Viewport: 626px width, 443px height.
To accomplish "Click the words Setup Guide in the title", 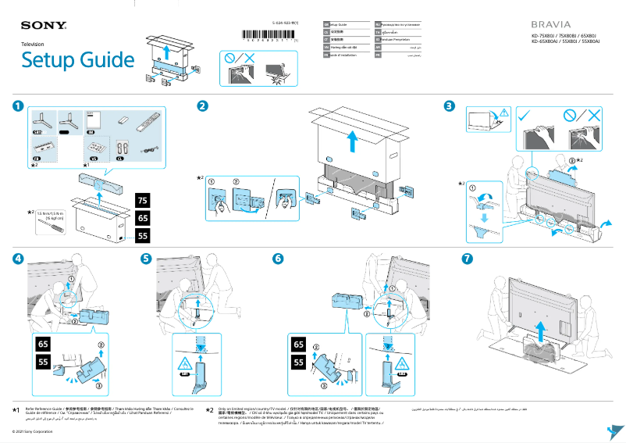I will coord(77,59).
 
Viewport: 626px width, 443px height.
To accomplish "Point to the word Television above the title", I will coord(33,45).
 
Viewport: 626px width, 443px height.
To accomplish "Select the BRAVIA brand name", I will coord(550,24).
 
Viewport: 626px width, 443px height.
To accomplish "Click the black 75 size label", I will coord(143,200).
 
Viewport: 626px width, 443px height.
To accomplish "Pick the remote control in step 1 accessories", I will coord(145,123).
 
